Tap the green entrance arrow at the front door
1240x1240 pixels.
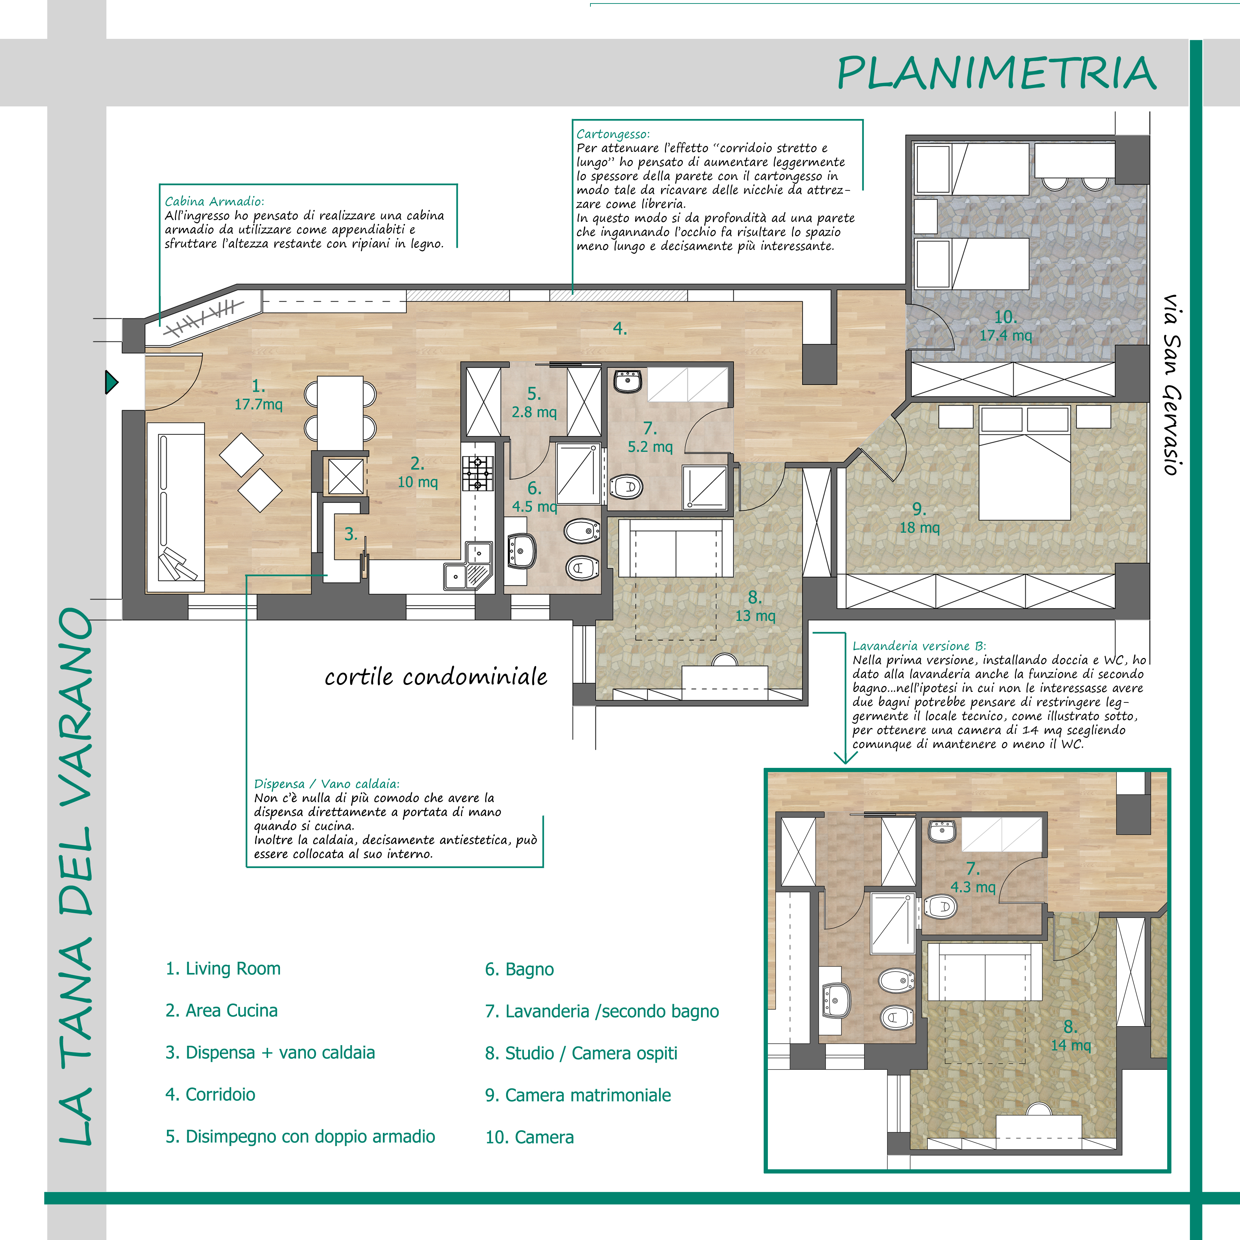click(x=112, y=383)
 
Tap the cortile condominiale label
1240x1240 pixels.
click(x=436, y=677)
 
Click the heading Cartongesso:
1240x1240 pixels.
click(x=613, y=134)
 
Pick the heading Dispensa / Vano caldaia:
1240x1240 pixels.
click(x=327, y=784)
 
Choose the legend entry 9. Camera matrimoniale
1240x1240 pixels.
click(x=577, y=1095)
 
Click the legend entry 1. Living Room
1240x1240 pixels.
click(x=223, y=968)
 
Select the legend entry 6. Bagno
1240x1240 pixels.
click(x=519, y=969)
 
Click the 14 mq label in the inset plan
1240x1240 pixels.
click(x=1071, y=1045)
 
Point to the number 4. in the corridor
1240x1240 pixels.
click(x=619, y=329)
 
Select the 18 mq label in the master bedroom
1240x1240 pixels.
click(x=919, y=527)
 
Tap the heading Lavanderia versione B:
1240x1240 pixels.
click(x=919, y=646)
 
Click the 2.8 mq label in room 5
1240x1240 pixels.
click(x=534, y=412)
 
